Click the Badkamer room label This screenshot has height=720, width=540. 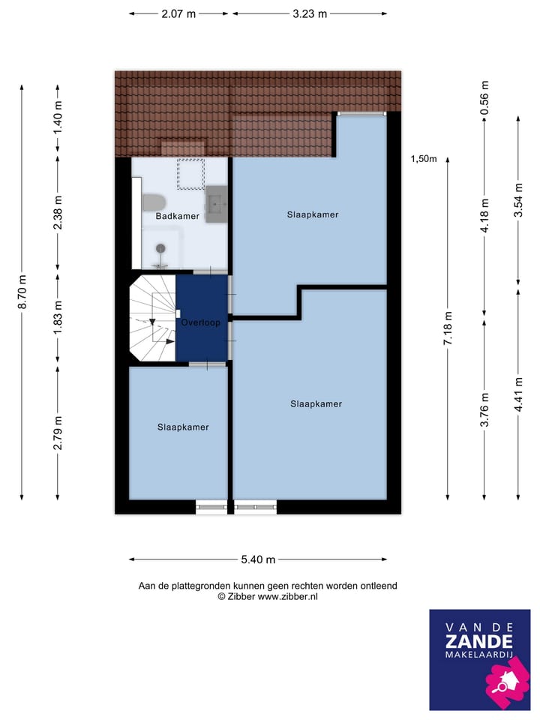pyautogui.click(x=177, y=217)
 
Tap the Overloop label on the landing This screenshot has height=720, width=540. pyautogui.click(x=200, y=323)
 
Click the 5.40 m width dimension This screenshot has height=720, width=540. pyautogui.click(x=259, y=559)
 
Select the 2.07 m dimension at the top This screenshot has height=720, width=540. pyautogui.click(x=178, y=13)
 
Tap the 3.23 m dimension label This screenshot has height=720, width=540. pyautogui.click(x=310, y=13)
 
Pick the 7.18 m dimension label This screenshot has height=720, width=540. pyautogui.click(x=448, y=328)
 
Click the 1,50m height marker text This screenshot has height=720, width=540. pyautogui.click(x=424, y=158)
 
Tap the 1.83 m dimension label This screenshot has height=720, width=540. pyautogui.click(x=58, y=317)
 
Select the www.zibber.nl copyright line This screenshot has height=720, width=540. pyautogui.click(x=267, y=596)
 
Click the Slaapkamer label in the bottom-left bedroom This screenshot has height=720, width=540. pyautogui.click(x=183, y=427)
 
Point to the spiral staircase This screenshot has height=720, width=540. pyautogui.click(x=153, y=319)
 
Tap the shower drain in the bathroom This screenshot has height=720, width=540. pyautogui.click(x=160, y=248)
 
